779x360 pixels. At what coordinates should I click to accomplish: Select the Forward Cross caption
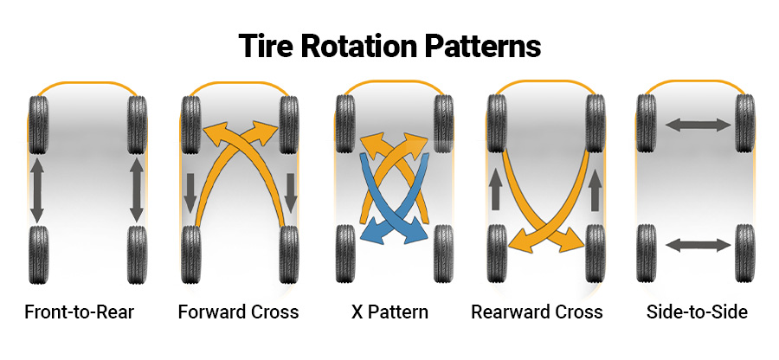coord(238,312)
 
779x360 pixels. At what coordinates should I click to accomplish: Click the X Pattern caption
coord(390,312)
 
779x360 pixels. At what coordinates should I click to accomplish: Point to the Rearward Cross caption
coord(537,312)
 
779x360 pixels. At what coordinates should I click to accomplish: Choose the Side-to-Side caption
coord(697,312)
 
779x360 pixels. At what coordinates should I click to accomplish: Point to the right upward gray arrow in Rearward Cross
coord(594,190)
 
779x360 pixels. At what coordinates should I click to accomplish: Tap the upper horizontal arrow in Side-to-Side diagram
coord(698,125)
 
